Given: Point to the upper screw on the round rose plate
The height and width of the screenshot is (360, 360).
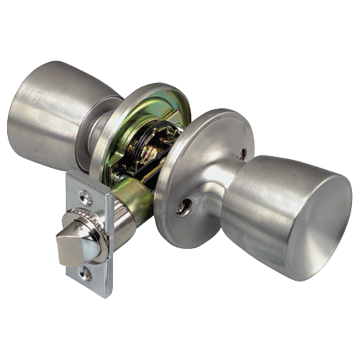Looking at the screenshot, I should coord(242,153).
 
